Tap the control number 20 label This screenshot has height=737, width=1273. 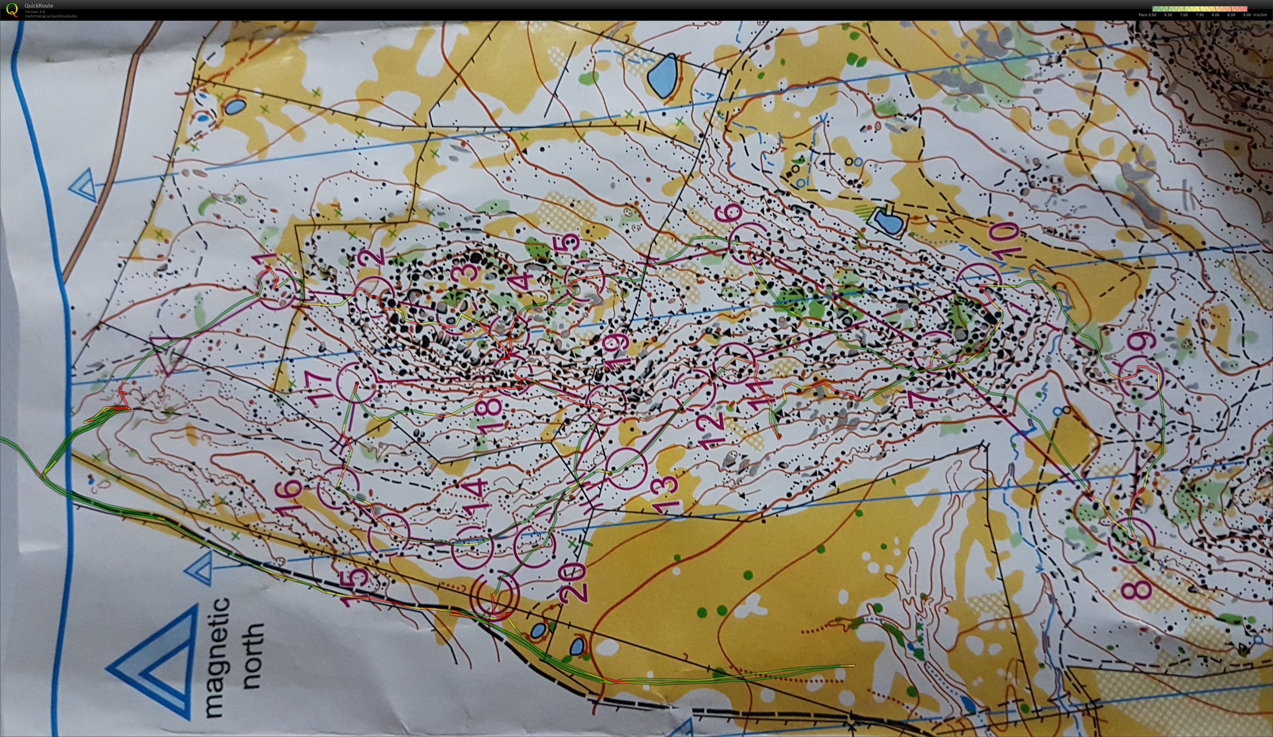(573, 583)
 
